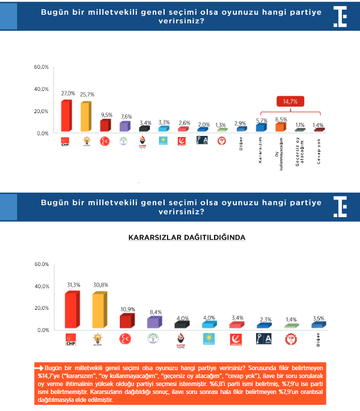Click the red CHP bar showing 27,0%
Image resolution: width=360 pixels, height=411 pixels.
point(66,116)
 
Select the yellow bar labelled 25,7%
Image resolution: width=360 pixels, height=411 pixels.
point(85,117)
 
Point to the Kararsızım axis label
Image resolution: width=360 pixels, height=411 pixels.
point(261,150)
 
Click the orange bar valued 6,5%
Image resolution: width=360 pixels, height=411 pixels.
point(279,127)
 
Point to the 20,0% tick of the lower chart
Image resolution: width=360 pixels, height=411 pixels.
point(42,308)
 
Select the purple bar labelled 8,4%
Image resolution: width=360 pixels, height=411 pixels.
point(153,322)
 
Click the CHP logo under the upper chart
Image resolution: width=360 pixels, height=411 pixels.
point(65,142)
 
